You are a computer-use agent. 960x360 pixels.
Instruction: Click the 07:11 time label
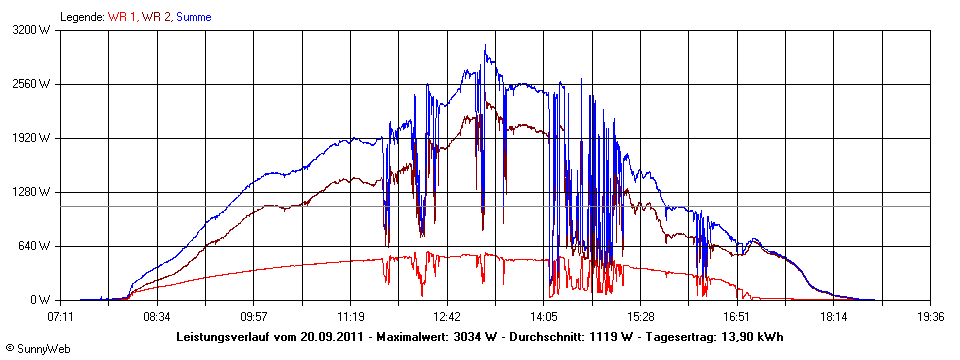[61, 317]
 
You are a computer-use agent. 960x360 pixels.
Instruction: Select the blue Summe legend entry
[194, 17]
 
